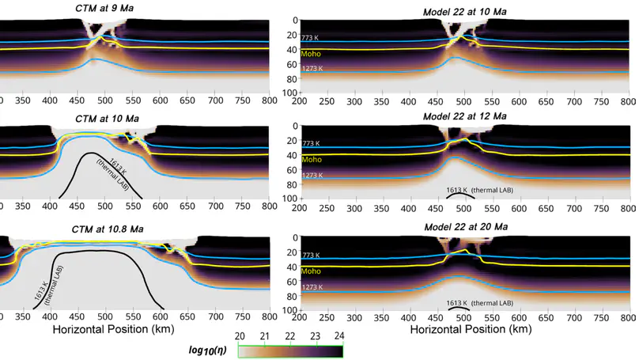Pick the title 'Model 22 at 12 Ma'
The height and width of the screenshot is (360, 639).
tap(463, 116)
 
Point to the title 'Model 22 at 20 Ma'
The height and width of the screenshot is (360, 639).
tap(463, 227)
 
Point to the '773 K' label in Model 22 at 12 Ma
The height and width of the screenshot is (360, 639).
tap(310, 143)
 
